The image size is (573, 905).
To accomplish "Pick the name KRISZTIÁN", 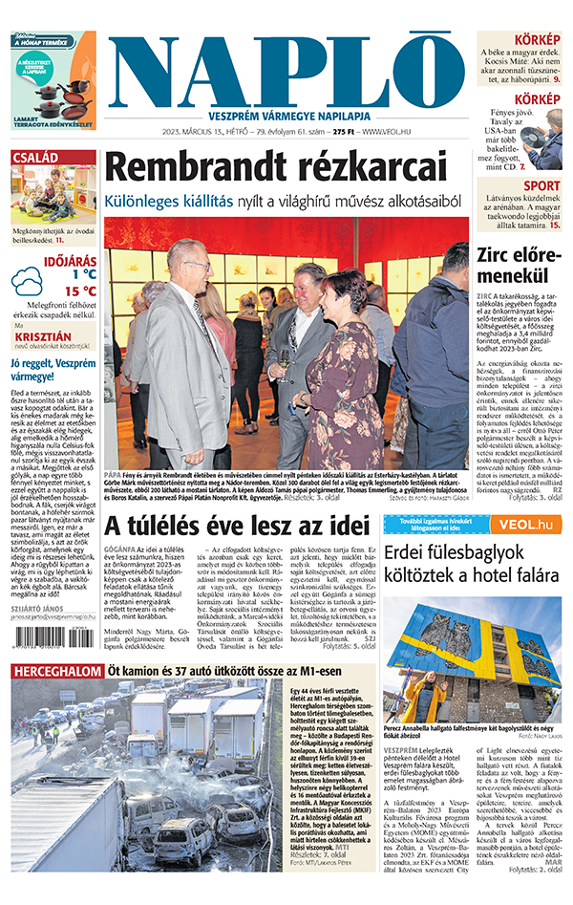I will (39, 337).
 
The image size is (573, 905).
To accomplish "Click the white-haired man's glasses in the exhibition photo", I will (198, 265).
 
